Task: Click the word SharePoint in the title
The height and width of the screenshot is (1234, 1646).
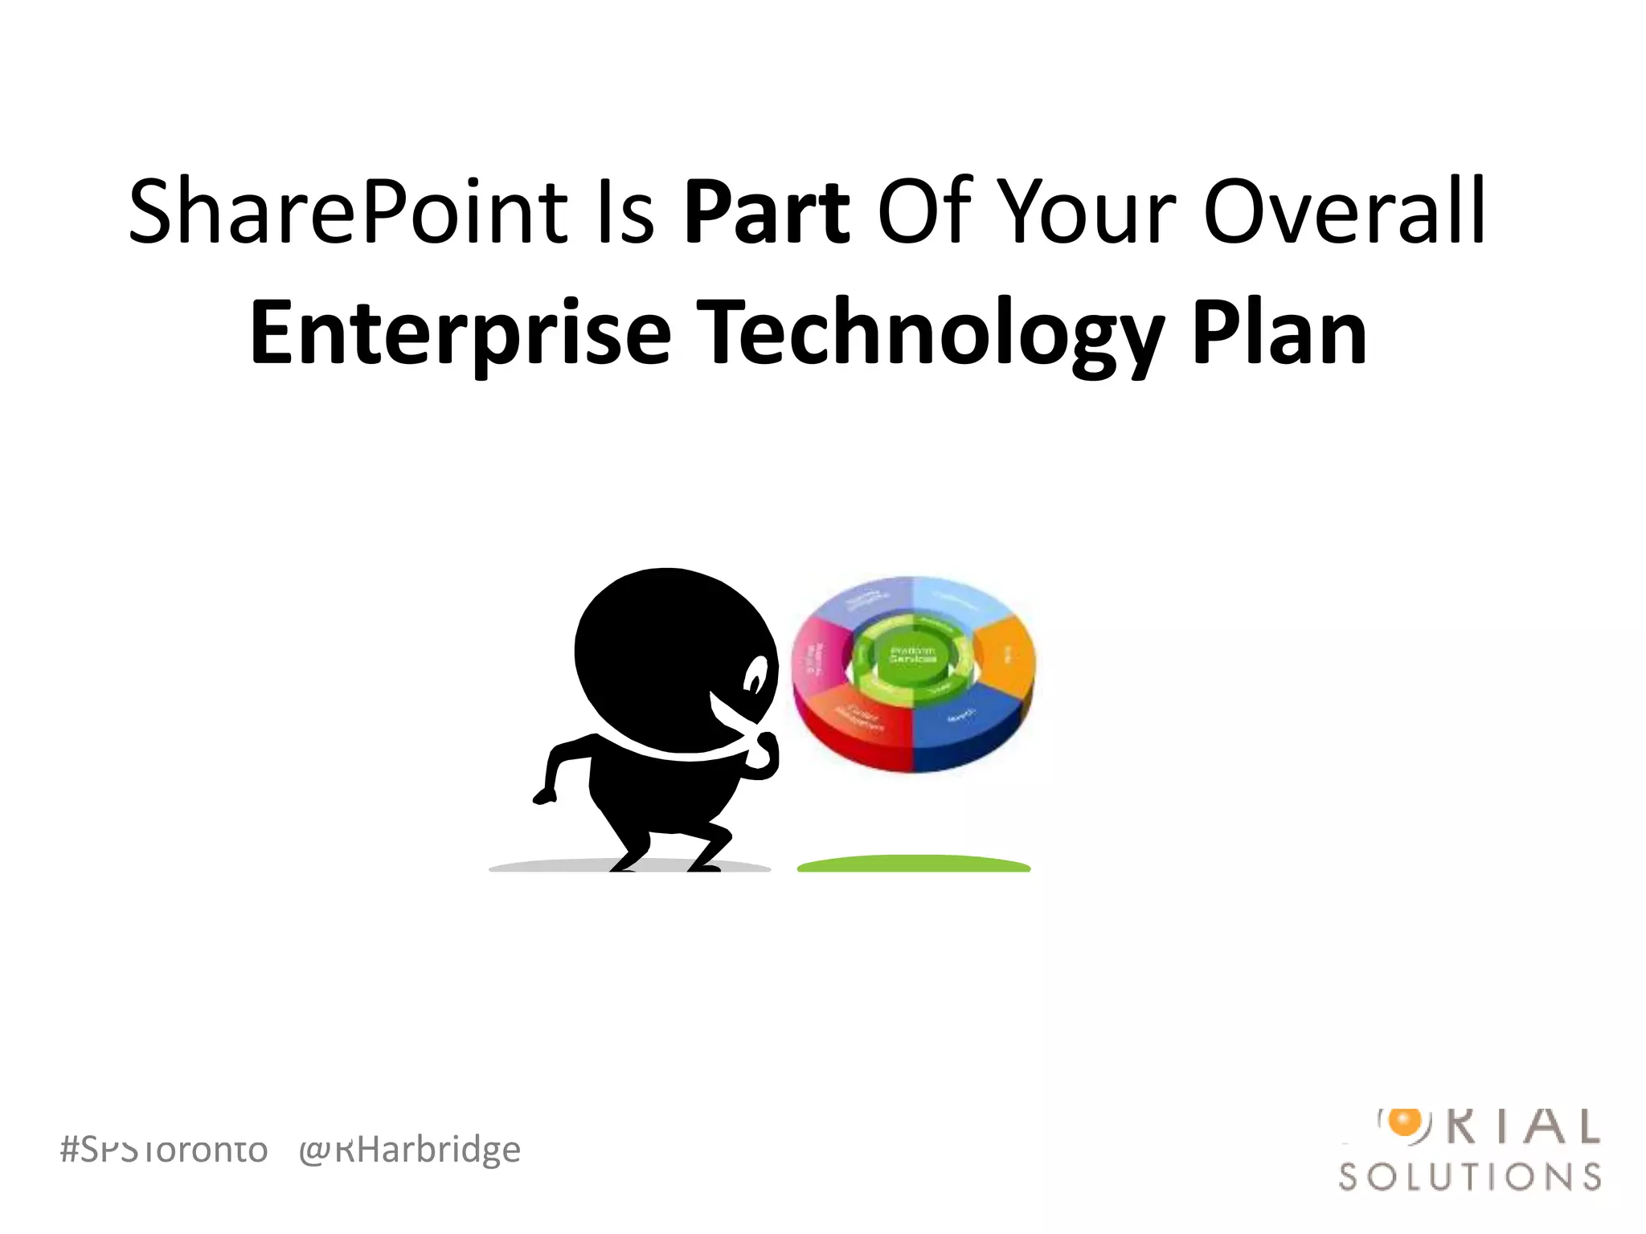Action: pyautogui.click(x=346, y=212)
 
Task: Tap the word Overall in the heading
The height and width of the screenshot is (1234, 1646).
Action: pyautogui.click(x=1344, y=212)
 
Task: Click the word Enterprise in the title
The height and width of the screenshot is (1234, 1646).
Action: pyautogui.click(x=460, y=333)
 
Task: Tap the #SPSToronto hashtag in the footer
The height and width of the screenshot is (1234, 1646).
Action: pyautogui.click(x=164, y=1150)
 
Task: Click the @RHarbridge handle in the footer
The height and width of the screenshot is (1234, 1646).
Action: pyautogui.click(x=410, y=1150)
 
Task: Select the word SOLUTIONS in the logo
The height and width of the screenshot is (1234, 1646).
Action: pyautogui.click(x=1470, y=1177)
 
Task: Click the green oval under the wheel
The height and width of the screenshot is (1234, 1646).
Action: pyautogui.click(x=914, y=864)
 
